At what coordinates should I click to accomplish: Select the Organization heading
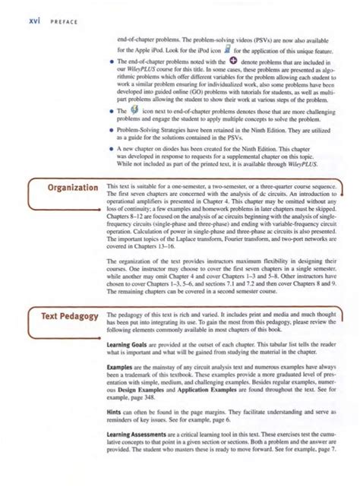pos(68,187)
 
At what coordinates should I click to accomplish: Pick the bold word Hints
pos(116,430)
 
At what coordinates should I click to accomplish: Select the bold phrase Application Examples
pos(216,408)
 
